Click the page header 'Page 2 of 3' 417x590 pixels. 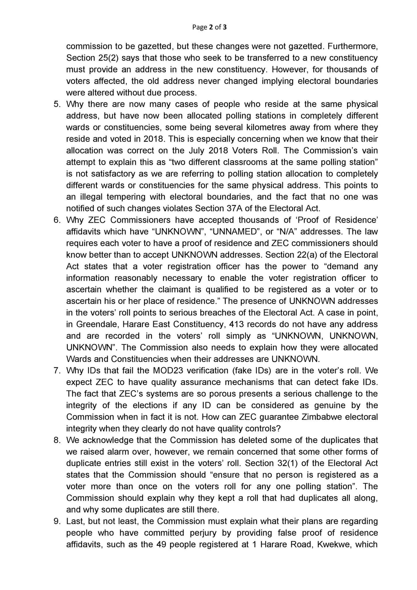209,27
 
